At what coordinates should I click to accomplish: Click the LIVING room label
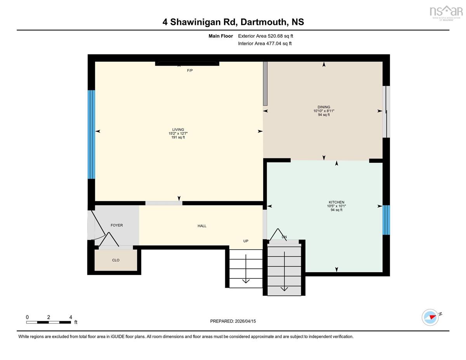[x=178, y=129]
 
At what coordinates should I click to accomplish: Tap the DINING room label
[x=324, y=107]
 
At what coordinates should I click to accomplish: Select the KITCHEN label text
[x=336, y=202]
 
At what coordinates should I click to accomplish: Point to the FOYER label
[x=116, y=225]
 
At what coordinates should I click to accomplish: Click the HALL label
[x=202, y=226]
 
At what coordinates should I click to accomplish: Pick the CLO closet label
[x=116, y=260]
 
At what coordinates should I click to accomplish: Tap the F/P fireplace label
[x=190, y=70]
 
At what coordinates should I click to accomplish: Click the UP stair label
[x=246, y=241]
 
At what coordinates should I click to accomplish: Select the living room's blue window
[x=91, y=134]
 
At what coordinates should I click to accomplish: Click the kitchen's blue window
[x=386, y=220]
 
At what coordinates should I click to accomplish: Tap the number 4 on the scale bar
[x=71, y=317]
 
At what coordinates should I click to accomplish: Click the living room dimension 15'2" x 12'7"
[x=178, y=133]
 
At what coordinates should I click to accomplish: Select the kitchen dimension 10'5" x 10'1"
[x=336, y=206]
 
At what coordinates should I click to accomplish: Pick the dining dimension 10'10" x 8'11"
[x=324, y=111]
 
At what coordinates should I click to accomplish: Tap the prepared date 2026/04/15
[x=245, y=321]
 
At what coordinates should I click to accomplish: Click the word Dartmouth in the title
[x=263, y=22]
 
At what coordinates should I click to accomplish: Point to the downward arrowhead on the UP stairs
[x=246, y=281]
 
